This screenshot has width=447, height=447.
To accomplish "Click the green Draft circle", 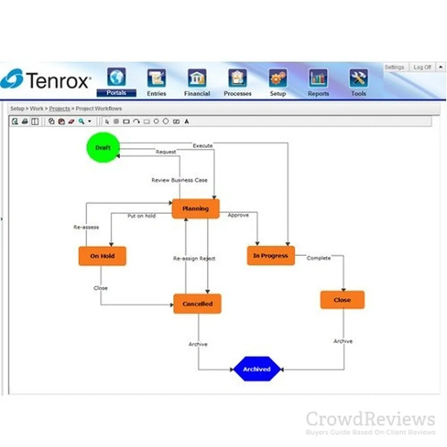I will pyautogui.click(x=103, y=148).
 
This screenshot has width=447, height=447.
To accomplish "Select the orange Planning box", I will pyautogui.click(x=196, y=209).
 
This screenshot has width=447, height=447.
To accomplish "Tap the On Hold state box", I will pyautogui.click(x=102, y=256).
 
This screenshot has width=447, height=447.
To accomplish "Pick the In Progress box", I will pyautogui.click(x=271, y=256).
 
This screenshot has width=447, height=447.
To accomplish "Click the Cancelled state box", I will pyautogui.click(x=197, y=304).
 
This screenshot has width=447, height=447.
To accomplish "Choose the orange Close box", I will pyautogui.click(x=342, y=300).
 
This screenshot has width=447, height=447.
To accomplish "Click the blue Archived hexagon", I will pyautogui.click(x=257, y=369).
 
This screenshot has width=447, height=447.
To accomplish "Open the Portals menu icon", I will pyautogui.click(x=116, y=77).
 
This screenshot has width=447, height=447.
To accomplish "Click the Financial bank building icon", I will pyautogui.click(x=197, y=78).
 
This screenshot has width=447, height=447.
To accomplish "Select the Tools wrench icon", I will pyautogui.click(x=358, y=78).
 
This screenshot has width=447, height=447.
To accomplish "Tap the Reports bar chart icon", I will pyautogui.click(x=318, y=78).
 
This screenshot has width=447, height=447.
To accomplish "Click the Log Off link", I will pyautogui.click(x=422, y=67).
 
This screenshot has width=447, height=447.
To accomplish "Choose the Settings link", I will pyautogui.click(x=394, y=67).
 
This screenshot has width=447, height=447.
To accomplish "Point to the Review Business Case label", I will pyautogui.click(x=179, y=180).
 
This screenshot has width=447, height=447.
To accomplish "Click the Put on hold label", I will pyautogui.click(x=142, y=216).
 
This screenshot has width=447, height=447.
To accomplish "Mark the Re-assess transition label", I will pyautogui.click(x=86, y=227).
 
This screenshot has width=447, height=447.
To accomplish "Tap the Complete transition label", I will pyautogui.click(x=318, y=258).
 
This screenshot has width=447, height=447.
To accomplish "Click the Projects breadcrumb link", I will pyautogui.click(x=60, y=108).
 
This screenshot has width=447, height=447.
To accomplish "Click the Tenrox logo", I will pyautogui.click(x=46, y=79).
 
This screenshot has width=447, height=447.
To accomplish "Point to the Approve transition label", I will pyautogui.click(x=238, y=215).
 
